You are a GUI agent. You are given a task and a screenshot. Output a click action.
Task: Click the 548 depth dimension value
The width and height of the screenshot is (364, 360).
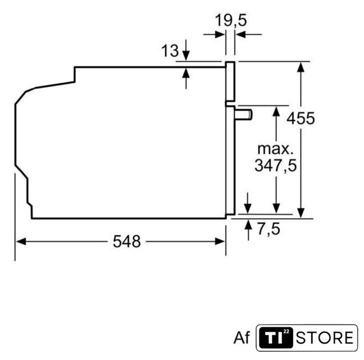(127, 241)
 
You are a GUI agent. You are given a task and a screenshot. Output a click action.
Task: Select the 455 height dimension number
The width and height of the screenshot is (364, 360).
(301, 118)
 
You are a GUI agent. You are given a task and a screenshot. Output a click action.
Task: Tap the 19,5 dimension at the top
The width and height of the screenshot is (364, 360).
(231, 20)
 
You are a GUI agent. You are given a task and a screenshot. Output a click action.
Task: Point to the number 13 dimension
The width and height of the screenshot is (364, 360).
(170, 51)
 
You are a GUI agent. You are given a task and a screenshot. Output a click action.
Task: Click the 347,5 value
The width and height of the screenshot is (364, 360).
(276, 165)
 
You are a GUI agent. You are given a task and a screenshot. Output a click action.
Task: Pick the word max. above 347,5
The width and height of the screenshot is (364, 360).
(275, 149)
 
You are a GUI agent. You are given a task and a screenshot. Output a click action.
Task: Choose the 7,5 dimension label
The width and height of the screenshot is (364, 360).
(269, 229)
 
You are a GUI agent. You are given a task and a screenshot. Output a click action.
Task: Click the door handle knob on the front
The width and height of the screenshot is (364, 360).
(244, 115)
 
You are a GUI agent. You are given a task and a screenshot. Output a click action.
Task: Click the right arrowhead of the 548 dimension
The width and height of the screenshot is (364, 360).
(220, 242)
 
